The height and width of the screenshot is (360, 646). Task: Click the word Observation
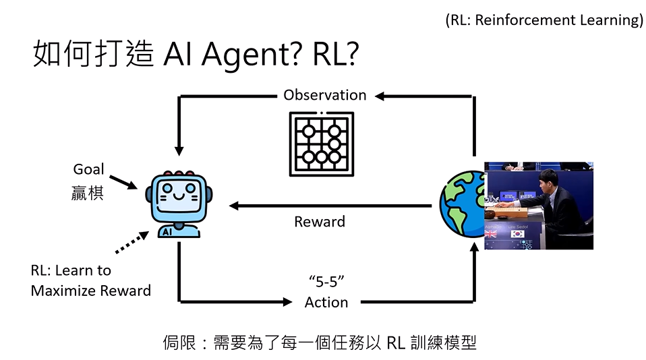(x=324, y=95)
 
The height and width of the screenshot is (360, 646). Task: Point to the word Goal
(x=88, y=169)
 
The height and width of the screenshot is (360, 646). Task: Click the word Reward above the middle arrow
(x=320, y=222)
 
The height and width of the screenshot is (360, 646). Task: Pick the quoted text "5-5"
(x=326, y=280)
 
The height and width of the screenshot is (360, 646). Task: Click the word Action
(x=326, y=302)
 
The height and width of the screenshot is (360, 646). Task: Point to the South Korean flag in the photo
(x=518, y=234)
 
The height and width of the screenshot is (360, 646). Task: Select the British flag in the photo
(x=491, y=234)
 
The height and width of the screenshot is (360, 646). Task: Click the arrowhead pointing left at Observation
(x=380, y=96)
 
